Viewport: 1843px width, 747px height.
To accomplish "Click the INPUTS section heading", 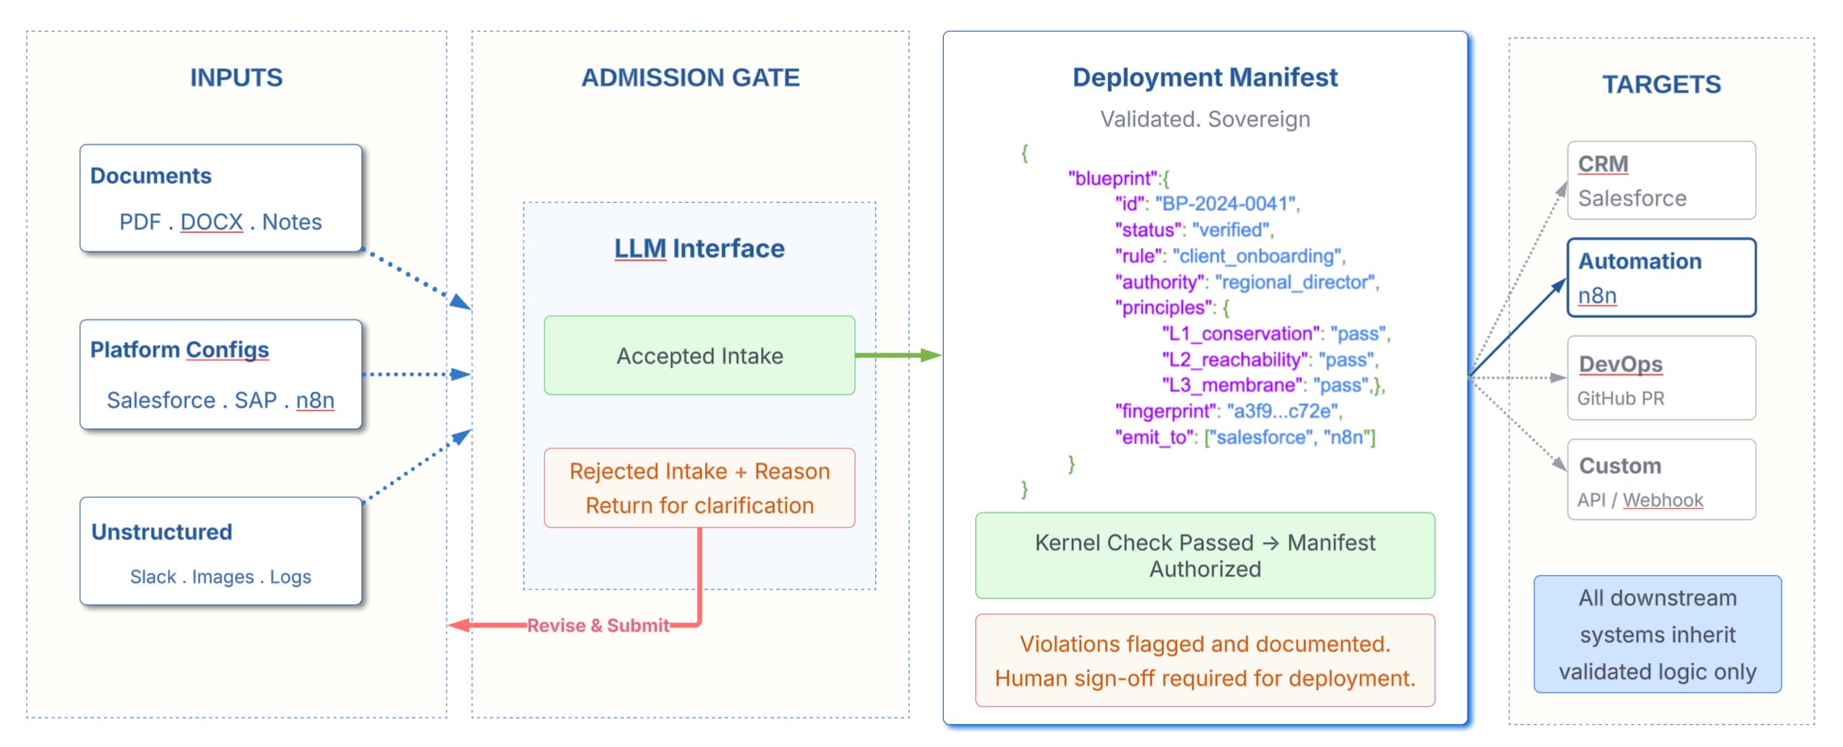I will click(236, 78).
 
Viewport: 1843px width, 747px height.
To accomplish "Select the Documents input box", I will click(220, 198).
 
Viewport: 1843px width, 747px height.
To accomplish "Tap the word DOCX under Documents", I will click(211, 222).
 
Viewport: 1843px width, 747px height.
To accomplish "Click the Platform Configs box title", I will click(179, 350).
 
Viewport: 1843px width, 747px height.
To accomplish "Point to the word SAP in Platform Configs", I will click(255, 400).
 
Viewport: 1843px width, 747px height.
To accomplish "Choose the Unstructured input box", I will click(220, 551).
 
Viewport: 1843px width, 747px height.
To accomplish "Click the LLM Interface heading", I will click(698, 249).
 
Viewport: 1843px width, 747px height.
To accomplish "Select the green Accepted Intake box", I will click(699, 356).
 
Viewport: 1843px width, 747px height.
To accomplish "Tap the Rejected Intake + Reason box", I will click(699, 488).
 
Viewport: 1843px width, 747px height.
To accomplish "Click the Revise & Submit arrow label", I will click(598, 625).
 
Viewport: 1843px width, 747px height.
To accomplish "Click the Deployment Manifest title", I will click(1204, 78).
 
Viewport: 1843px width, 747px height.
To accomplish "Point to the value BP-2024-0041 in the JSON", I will click(1225, 204).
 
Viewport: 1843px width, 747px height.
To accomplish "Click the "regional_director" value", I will click(1295, 282).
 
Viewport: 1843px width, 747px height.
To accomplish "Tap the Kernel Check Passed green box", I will click(1204, 556).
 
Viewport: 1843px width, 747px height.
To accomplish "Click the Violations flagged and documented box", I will click(1204, 661).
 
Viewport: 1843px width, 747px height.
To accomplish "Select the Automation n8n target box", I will click(1660, 278).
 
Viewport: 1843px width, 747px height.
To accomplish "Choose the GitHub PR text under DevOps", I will click(1620, 399).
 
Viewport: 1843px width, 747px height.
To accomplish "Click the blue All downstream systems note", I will click(1657, 635).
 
